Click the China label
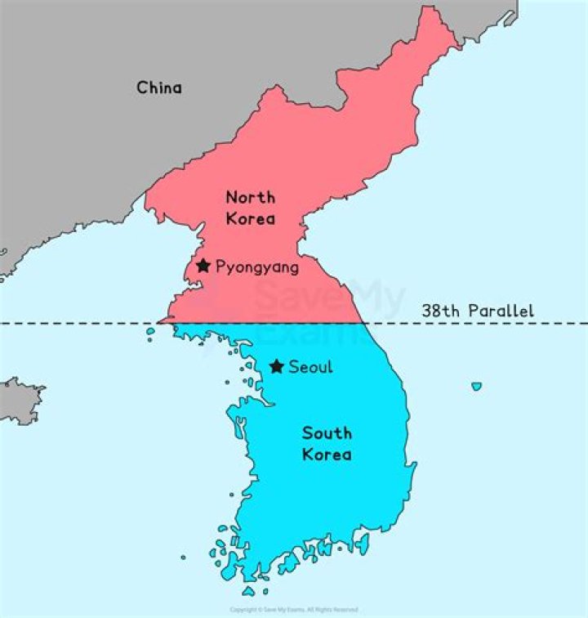159,87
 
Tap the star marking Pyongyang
203,265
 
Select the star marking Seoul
277,366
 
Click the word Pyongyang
257,267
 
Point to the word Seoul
311,367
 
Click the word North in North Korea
250,197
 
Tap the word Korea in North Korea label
251,218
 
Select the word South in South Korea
327,432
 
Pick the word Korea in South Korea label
327,454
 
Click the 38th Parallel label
478,311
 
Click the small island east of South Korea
476,386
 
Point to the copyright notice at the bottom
293,610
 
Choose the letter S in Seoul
295,367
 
